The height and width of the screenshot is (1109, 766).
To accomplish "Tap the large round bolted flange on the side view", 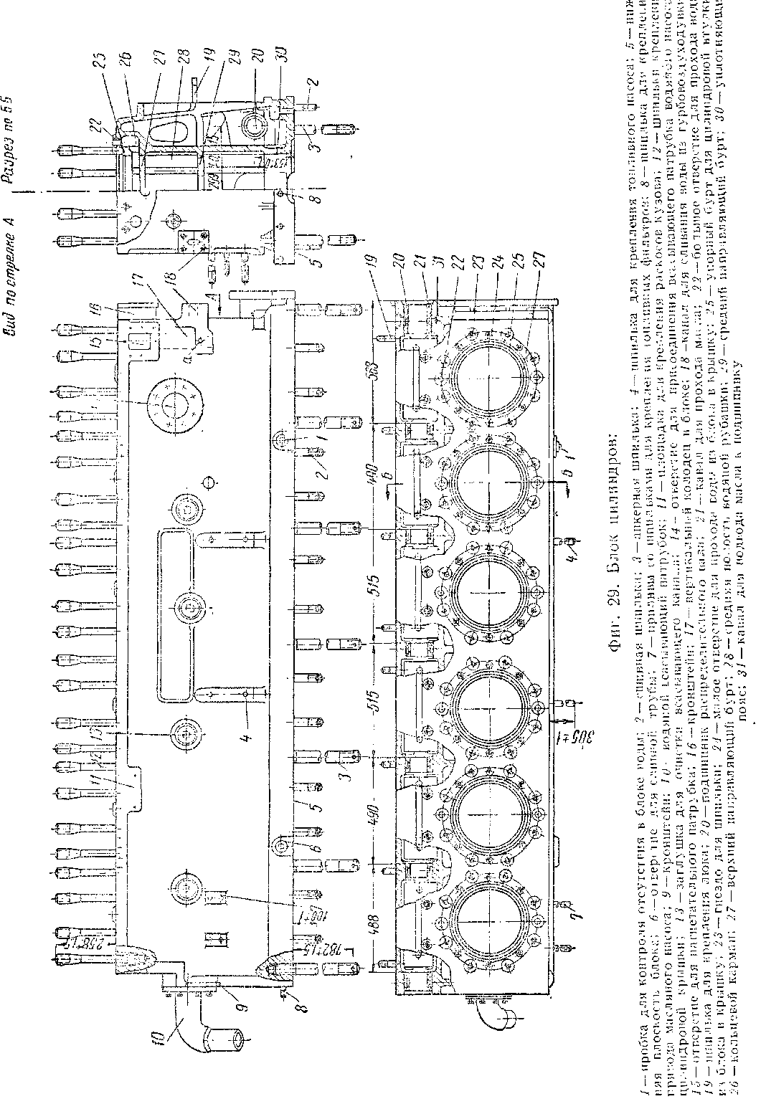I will (x=166, y=406).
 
